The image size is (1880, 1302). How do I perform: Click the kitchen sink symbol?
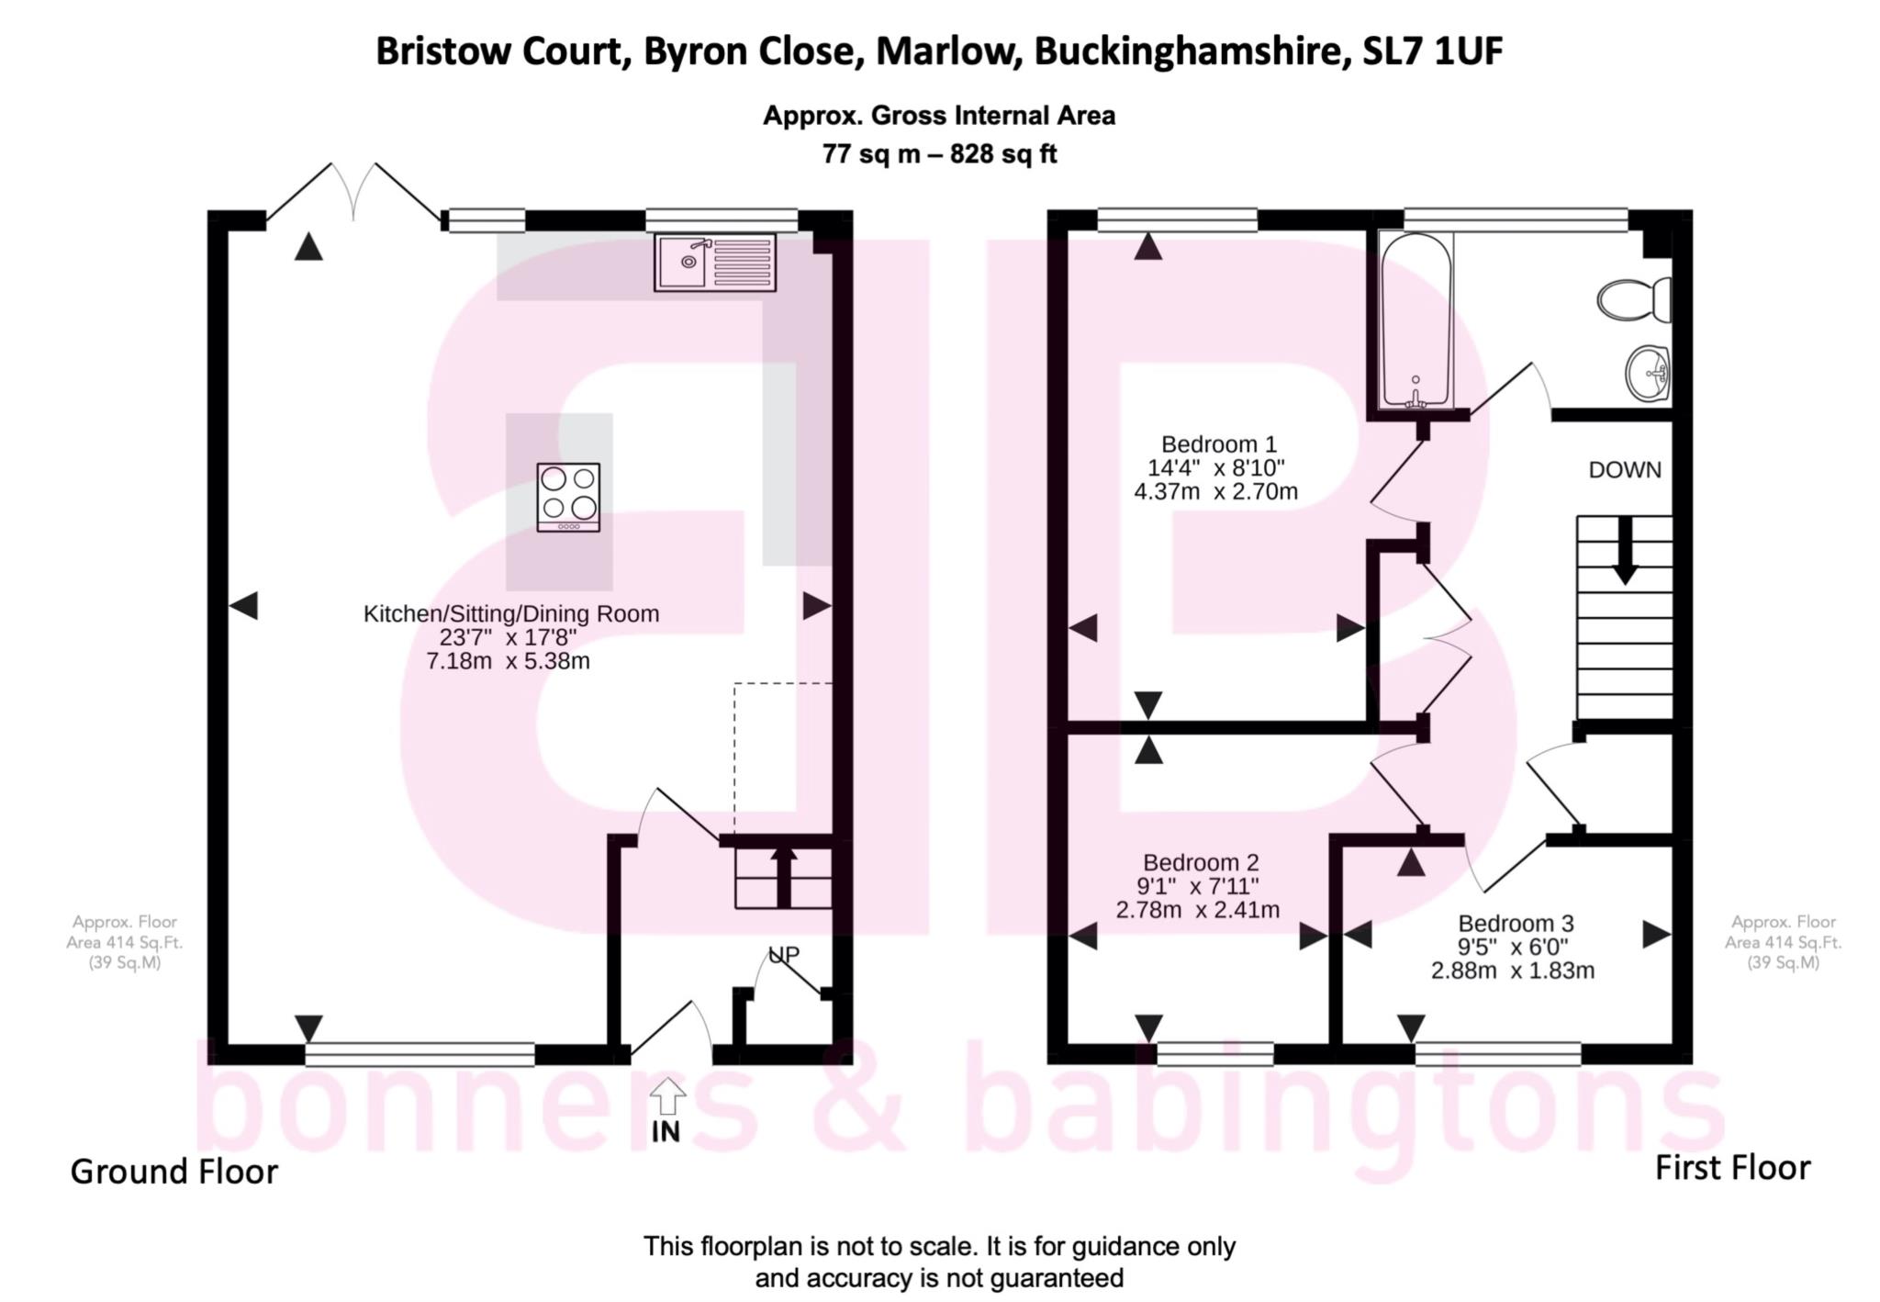click(x=714, y=262)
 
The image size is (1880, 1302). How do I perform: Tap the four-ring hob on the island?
click(x=568, y=497)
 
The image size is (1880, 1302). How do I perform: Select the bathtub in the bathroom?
click(x=1416, y=320)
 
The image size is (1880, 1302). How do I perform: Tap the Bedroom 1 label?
click(x=1218, y=444)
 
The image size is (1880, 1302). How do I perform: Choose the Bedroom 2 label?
click(x=1200, y=863)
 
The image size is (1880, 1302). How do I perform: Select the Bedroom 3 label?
click(x=1515, y=923)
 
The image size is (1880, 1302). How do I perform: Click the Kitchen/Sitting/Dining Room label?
click(x=511, y=614)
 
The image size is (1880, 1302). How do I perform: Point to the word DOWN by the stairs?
click(x=1625, y=470)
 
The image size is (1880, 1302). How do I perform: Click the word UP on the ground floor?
click(x=783, y=955)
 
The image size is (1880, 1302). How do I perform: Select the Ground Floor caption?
click(x=173, y=1172)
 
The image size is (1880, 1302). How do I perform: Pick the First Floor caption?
click(x=1732, y=1168)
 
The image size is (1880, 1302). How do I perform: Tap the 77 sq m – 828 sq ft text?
click(x=939, y=154)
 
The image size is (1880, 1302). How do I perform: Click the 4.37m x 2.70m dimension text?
click(x=1215, y=492)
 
